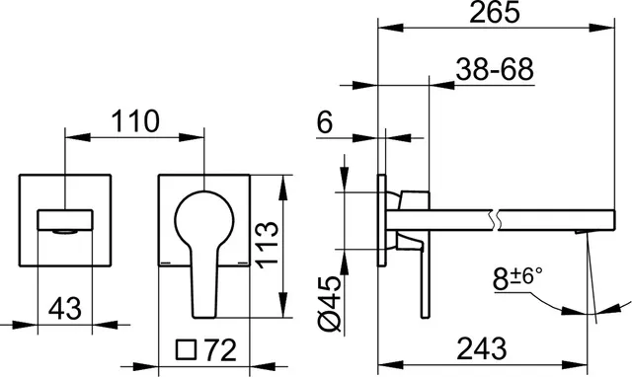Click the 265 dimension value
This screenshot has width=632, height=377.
pyautogui.click(x=495, y=12)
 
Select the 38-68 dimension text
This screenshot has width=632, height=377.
pyautogui.click(x=495, y=69)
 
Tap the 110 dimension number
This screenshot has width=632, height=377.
pyautogui.click(x=135, y=120)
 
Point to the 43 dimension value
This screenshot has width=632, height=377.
pyautogui.click(x=64, y=309)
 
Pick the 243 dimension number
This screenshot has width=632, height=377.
pyautogui.click(x=482, y=348)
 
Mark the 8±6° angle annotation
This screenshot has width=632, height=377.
pyautogui.click(x=517, y=278)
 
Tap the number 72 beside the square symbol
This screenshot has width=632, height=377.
pyautogui.click(x=220, y=350)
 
